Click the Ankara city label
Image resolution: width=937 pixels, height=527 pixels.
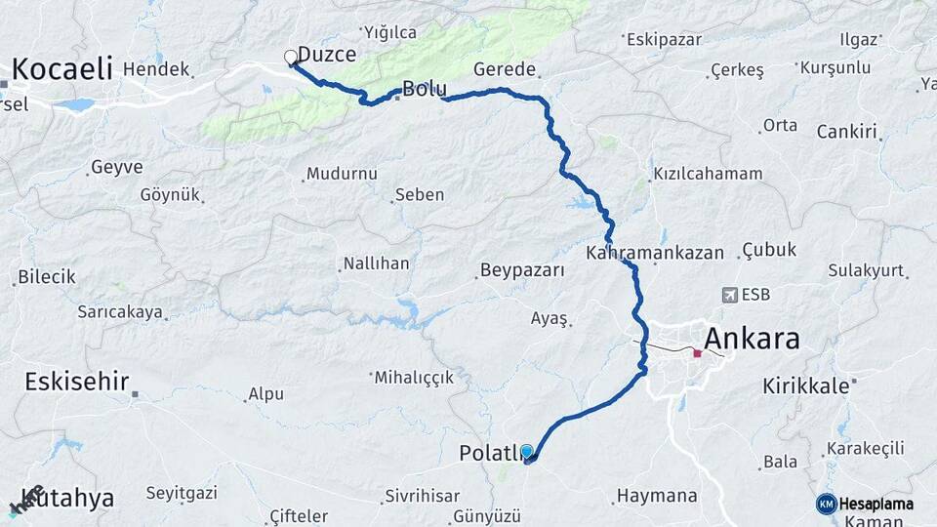coord(752,339)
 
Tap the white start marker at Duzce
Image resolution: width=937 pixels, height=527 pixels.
coord(290,57)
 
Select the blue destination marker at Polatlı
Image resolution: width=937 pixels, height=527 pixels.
coord(527,451)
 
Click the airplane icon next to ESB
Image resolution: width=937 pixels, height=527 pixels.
coord(728,295)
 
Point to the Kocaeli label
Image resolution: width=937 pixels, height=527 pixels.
coord(62,69)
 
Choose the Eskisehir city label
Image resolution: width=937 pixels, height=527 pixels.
coord(77,381)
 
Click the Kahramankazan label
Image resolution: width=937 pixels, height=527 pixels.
coord(655,253)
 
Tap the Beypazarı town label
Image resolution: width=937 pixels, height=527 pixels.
coord(522,270)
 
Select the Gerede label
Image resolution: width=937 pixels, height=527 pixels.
coord(505,69)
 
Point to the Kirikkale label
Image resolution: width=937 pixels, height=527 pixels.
coord(806,385)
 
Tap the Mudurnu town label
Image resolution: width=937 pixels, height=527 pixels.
coord(342,174)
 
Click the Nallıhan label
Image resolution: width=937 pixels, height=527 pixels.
coord(376,264)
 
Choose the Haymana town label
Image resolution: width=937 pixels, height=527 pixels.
coord(656,496)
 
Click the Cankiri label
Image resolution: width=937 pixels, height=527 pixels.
coord(847,131)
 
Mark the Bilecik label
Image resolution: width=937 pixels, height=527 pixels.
coord(46,277)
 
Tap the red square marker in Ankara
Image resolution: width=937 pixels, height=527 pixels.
coord(697,353)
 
